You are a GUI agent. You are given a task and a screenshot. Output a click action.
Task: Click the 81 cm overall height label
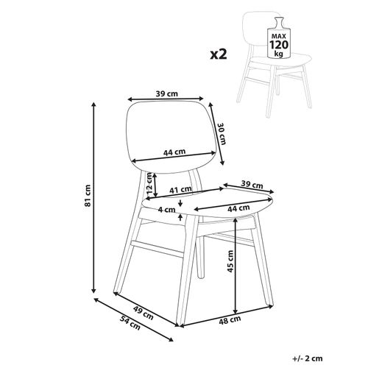point(88,196)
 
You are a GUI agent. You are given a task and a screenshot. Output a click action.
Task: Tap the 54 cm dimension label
point(130,322)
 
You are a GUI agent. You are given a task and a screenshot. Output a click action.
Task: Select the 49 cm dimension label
point(144,313)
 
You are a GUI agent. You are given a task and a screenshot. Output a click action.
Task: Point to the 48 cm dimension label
point(230,320)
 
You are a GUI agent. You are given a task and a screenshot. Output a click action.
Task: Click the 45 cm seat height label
point(230,261)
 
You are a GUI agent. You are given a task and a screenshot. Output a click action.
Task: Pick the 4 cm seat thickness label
point(167,210)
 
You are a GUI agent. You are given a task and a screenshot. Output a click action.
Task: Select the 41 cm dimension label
point(181,190)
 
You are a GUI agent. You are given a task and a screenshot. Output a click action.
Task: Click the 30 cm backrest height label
point(222,133)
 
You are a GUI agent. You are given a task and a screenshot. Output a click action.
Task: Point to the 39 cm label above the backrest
point(167,93)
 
